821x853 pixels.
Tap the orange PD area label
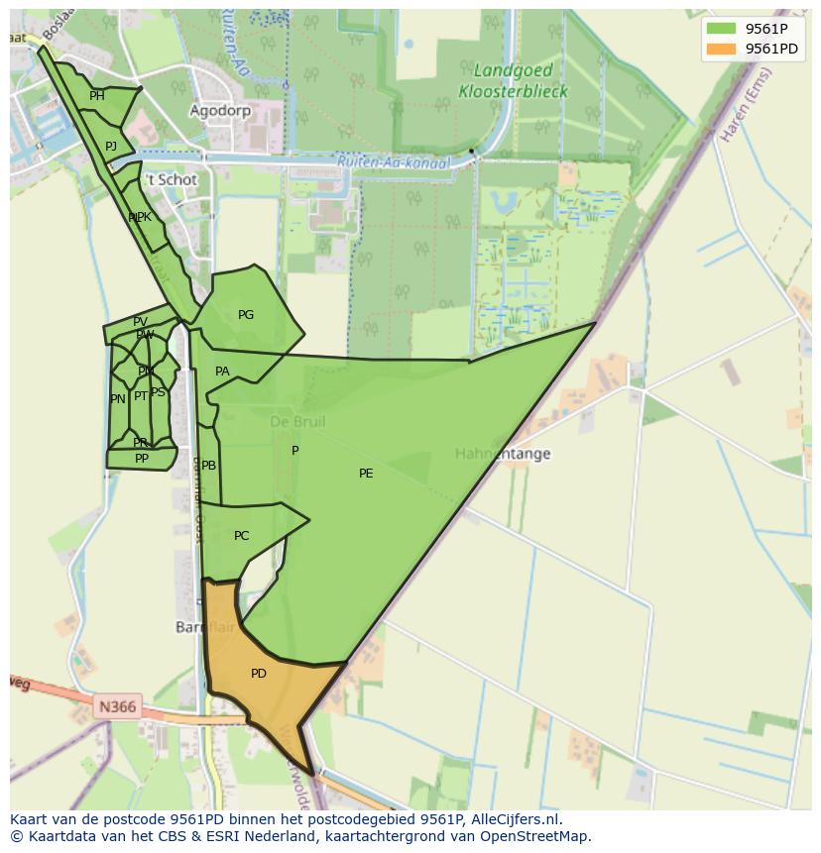(x=259, y=674)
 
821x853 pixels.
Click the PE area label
(x=366, y=474)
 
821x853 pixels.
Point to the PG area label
(x=246, y=315)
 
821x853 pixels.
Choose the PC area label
(x=241, y=536)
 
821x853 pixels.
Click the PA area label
(x=222, y=372)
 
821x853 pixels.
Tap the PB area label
(x=208, y=466)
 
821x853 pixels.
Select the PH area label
(x=97, y=96)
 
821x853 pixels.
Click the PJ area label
(x=111, y=147)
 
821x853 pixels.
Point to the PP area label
(x=142, y=459)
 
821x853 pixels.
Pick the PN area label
(x=118, y=399)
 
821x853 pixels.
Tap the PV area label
(x=140, y=322)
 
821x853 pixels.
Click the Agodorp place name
(x=220, y=111)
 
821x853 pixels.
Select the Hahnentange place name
(x=503, y=454)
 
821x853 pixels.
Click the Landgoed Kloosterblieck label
(x=513, y=81)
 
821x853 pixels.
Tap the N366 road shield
(x=117, y=707)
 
